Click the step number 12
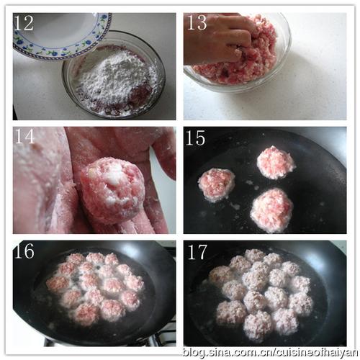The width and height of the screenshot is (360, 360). [24, 23]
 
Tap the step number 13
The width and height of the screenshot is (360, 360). [197, 22]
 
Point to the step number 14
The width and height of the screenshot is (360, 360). [24, 136]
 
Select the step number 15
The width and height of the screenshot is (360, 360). [196, 138]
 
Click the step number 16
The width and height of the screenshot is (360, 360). [24, 251]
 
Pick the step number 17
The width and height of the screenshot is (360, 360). [197, 252]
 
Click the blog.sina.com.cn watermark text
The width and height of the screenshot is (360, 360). [271, 352]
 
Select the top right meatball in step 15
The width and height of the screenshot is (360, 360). [276, 163]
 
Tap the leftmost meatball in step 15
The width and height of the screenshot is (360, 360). [217, 184]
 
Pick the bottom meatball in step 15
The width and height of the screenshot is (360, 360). [271, 210]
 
